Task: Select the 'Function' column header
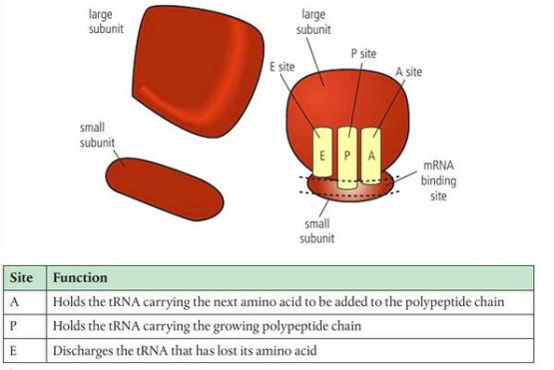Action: point(80,277)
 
